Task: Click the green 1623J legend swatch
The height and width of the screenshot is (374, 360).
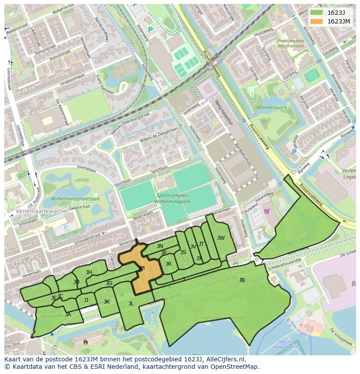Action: pyautogui.click(x=317, y=13)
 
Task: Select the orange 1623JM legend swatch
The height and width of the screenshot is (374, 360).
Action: pyautogui.click(x=317, y=21)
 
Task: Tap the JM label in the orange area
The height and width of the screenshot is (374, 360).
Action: pyautogui.click(x=141, y=268)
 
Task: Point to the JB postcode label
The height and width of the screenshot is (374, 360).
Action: pyautogui.click(x=242, y=280)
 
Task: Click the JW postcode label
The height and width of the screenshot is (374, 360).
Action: pyautogui.click(x=221, y=238)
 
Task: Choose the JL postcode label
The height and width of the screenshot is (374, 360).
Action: pyautogui.click(x=131, y=304)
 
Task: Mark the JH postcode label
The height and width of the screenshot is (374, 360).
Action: pyautogui.click(x=89, y=272)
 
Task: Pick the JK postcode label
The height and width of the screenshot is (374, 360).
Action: pyautogui.click(x=107, y=302)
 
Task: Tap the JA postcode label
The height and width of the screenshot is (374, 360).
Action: pyautogui.click(x=68, y=314)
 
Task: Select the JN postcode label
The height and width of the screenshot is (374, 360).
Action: pyautogui.click(x=160, y=246)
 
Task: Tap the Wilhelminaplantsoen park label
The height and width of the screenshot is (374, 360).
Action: pyautogui.click(x=75, y=199)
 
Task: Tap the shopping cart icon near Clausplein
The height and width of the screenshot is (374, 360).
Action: pyautogui.click(x=266, y=211)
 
